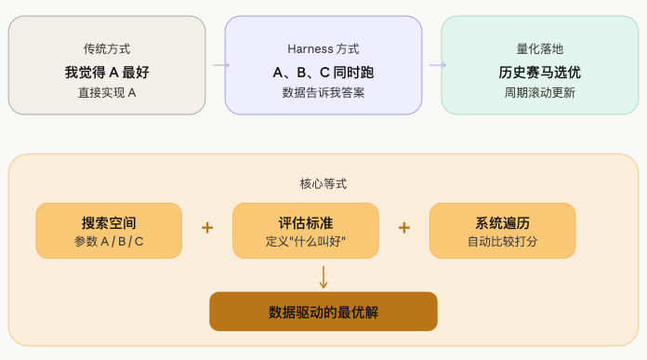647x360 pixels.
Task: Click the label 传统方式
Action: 107,48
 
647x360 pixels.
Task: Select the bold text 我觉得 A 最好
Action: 107,72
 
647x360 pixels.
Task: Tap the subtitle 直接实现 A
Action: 107,93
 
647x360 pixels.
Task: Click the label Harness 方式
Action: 323,48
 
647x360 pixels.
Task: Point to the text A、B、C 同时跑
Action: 323,72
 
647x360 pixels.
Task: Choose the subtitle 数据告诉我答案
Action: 323,93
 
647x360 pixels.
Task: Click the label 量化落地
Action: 540,48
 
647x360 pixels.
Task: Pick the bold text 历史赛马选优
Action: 540,72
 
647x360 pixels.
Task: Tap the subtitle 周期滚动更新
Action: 540,93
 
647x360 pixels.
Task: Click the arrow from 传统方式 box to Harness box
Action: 220,65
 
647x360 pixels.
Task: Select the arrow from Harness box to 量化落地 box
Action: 437,65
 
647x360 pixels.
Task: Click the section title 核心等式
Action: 323,184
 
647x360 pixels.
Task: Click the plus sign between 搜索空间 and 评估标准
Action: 207,228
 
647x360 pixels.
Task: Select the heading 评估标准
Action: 306,223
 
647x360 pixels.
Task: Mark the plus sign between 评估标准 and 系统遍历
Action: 404,228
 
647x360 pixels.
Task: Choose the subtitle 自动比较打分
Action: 503,242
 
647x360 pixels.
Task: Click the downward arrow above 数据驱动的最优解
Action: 323,276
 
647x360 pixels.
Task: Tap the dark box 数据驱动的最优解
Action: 323,312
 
